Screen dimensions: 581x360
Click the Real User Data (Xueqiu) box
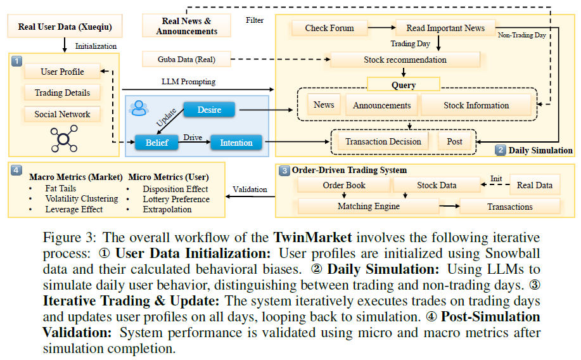click(x=65, y=27)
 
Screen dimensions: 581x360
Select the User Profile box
click(x=62, y=72)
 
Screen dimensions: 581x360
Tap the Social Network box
click(x=62, y=114)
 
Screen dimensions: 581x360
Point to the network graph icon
click(x=64, y=139)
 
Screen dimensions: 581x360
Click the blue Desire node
click(x=209, y=110)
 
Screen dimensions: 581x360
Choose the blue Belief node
click(x=156, y=143)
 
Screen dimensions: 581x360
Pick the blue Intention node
click(x=236, y=143)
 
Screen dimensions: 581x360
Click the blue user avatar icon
click(x=139, y=108)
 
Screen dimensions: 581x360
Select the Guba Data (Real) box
click(x=186, y=60)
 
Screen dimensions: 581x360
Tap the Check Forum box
click(x=329, y=28)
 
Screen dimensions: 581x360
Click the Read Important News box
click(x=445, y=28)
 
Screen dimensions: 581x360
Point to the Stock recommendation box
click(x=405, y=60)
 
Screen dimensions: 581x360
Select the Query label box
click(x=404, y=84)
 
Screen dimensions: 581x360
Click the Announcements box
click(x=381, y=105)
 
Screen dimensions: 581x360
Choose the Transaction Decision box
click(x=383, y=141)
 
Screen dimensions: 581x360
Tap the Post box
click(x=454, y=141)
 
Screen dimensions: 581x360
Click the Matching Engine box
click(x=368, y=206)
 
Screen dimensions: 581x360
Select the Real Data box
click(x=534, y=185)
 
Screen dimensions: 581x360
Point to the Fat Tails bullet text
click(x=61, y=188)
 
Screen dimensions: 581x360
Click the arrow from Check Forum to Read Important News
click(x=381, y=27)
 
